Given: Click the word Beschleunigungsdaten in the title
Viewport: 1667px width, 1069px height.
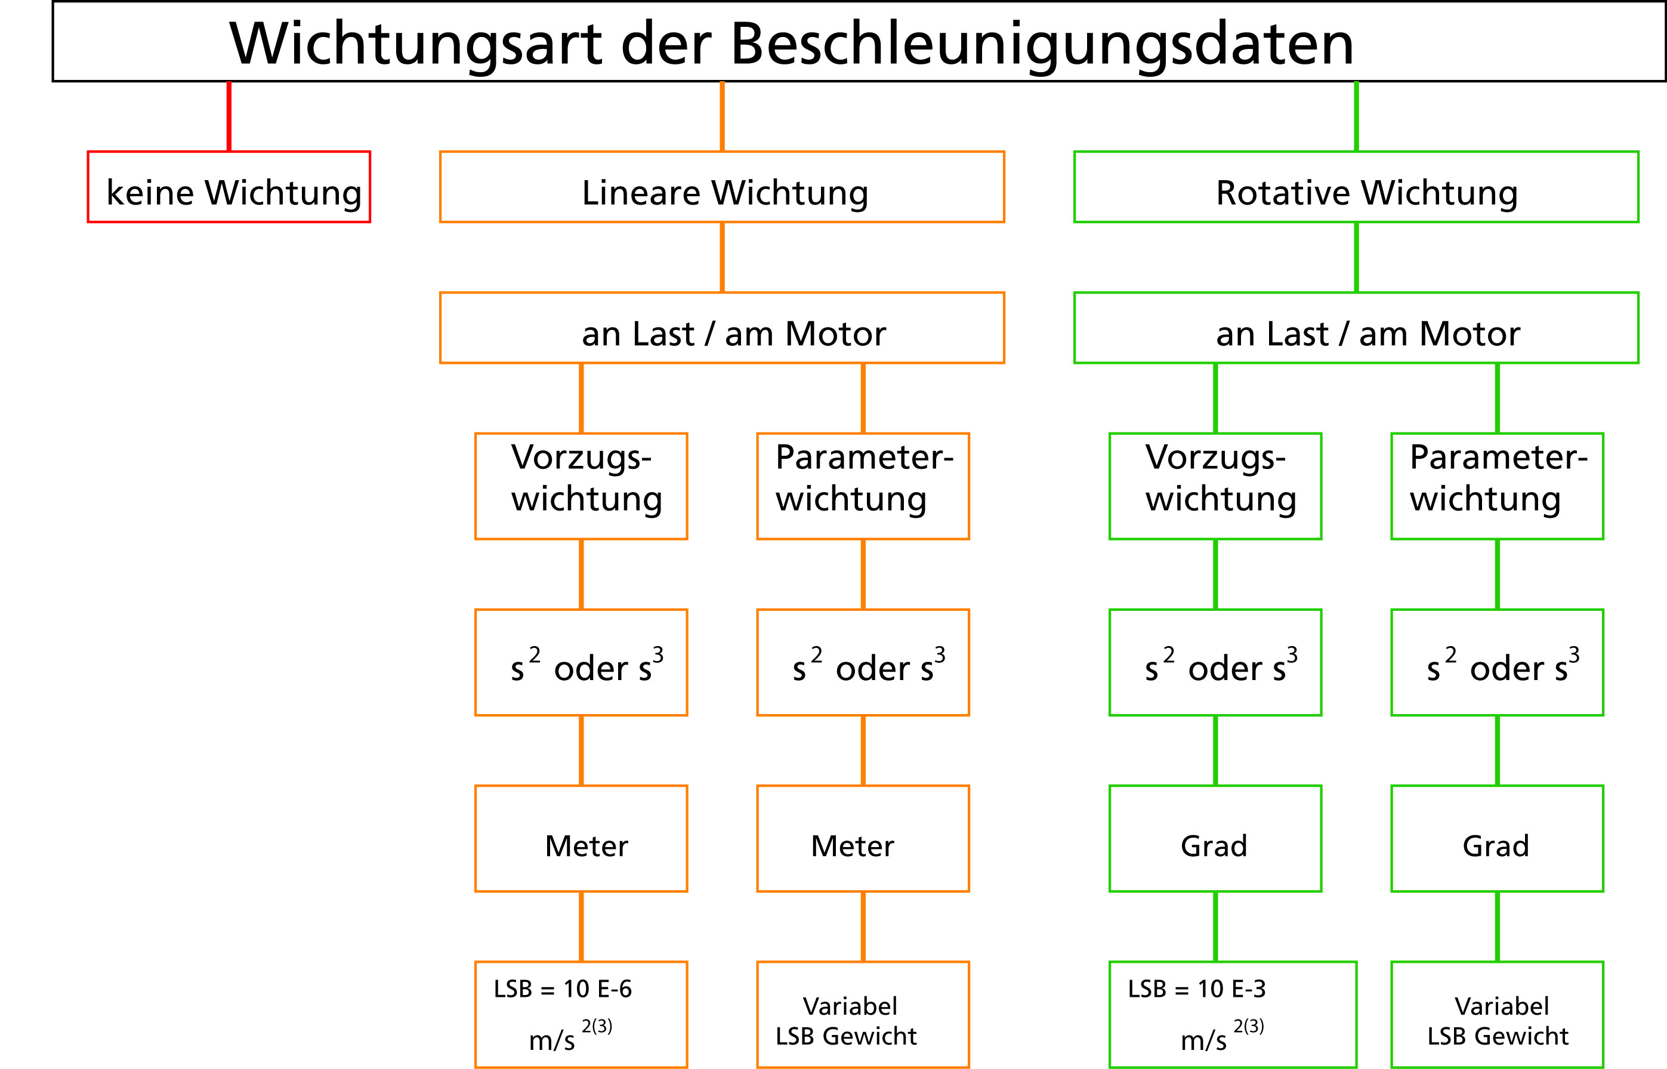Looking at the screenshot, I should coord(1042,43).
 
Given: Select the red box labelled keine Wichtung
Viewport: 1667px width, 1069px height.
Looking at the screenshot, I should coord(229,187).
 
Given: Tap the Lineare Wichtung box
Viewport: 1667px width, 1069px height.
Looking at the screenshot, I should coord(722,187).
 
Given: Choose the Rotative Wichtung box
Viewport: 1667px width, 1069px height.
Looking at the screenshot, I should coord(1356,187).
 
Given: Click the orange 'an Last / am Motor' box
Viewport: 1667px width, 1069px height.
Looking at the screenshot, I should coord(722,328).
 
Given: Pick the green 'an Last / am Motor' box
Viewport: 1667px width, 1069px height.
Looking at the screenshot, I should coord(1356,328).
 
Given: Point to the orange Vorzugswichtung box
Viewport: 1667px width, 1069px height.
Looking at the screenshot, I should coord(581,486).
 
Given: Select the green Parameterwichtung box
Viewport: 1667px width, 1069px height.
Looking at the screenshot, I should coord(1497,486).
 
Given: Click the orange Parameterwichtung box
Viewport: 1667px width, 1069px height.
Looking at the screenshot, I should coord(863,486).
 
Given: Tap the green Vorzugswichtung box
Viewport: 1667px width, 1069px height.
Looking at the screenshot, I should coord(1215,486).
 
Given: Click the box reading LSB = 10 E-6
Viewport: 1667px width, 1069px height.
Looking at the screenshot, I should coord(581,1014).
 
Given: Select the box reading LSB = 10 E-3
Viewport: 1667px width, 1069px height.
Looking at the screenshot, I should coord(1233,1014).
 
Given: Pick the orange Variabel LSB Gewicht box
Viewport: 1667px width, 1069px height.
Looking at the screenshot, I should coord(863,1014).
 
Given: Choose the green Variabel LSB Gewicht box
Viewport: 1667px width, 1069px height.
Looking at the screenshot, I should coord(1497,1014).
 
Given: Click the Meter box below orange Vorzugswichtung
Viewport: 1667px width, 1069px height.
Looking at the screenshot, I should coord(581,839).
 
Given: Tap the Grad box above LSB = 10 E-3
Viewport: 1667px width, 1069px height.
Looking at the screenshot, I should coord(1215,839).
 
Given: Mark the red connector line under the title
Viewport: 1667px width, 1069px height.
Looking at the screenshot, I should coord(229,116).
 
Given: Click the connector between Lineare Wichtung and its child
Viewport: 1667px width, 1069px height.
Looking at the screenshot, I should coord(722,258).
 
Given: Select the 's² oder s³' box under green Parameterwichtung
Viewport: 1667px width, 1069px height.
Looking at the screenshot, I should coord(1497,662).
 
